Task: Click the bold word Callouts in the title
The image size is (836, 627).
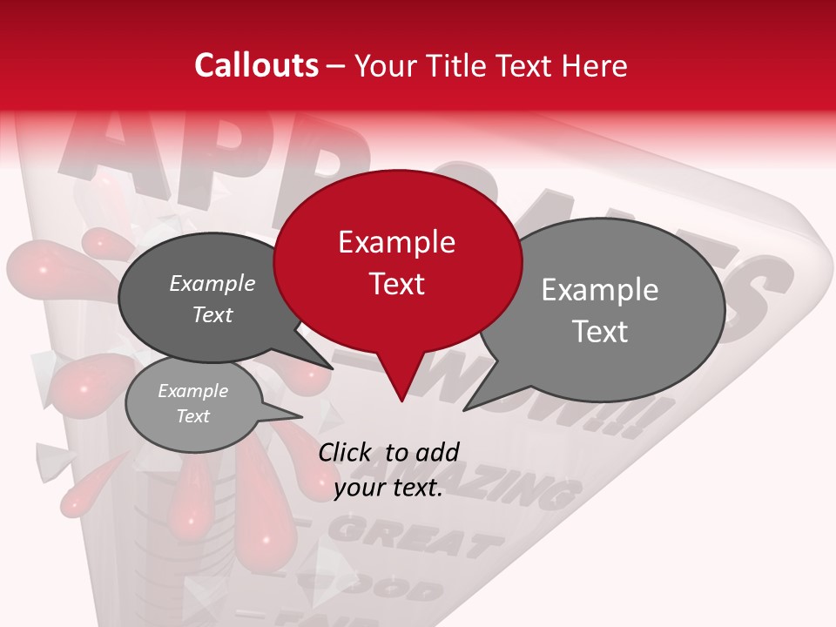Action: (x=256, y=65)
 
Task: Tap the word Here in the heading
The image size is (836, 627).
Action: (x=591, y=65)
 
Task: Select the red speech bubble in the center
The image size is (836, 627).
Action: (x=397, y=261)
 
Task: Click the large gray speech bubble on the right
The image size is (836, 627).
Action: (x=610, y=309)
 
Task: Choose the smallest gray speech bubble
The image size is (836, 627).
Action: (x=193, y=404)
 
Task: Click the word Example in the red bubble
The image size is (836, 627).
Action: (x=396, y=242)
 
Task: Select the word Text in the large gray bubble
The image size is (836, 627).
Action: (x=599, y=332)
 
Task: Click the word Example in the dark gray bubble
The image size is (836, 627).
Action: (x=212, y=284)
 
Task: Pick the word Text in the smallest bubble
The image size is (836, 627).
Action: (x=193, y=416)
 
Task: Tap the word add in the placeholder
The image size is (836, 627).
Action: (x=436, y=452)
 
